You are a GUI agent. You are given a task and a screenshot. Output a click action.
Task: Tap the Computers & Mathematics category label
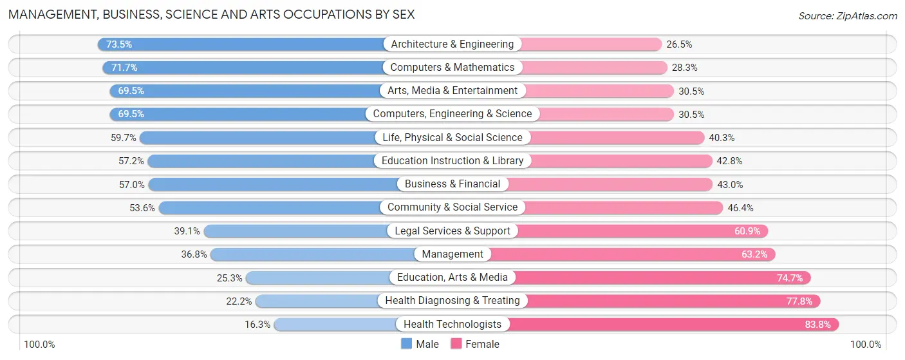point(452,68)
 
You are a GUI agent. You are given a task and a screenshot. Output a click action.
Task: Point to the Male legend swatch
point(406,344)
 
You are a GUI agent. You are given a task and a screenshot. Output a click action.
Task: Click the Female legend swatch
point(456,344)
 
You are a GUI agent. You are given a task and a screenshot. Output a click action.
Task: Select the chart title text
point(211,14)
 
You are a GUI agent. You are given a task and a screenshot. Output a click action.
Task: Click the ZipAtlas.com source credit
point(848,15)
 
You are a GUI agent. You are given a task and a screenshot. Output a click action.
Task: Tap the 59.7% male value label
point(124,138)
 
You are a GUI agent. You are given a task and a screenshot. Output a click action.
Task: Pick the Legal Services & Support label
point(452,231)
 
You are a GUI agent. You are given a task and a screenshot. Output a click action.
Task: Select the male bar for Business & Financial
point(270,185)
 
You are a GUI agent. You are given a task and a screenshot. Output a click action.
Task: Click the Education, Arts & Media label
point(452,278)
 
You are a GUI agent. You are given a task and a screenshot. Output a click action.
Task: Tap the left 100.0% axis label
point(40,345)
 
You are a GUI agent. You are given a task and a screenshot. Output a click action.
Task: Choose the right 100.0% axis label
point(865,345)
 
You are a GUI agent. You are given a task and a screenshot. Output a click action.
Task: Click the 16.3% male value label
point(257,325)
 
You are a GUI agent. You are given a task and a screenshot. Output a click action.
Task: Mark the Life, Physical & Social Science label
point(452,138)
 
